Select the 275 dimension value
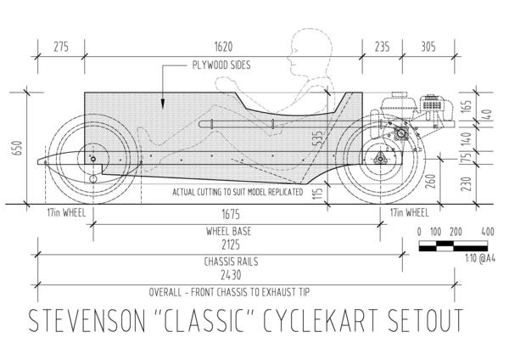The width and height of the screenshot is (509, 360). pos(60,48)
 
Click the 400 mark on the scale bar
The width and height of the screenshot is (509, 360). pos(487,231)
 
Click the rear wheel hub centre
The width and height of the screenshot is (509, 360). pos(380,160)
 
